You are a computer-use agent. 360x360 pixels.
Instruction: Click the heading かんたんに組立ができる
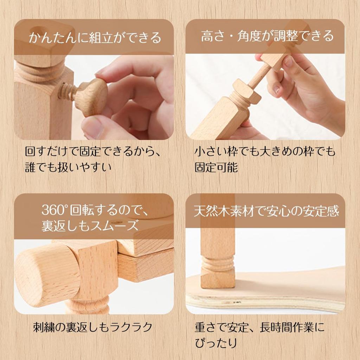[94, 37]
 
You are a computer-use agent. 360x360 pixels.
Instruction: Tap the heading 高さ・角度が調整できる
[267, 36]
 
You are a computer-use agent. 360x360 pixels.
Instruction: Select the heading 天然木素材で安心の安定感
[266, 211]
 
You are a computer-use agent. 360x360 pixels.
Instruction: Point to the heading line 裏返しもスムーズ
[90, 226]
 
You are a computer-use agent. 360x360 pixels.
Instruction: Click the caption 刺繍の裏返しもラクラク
[92, 327]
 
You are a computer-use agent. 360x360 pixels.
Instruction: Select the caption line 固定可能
[216, 167]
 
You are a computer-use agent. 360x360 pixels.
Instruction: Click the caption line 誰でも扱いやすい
[68, 167]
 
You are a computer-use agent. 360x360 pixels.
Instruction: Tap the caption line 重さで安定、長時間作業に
[259, 327]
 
